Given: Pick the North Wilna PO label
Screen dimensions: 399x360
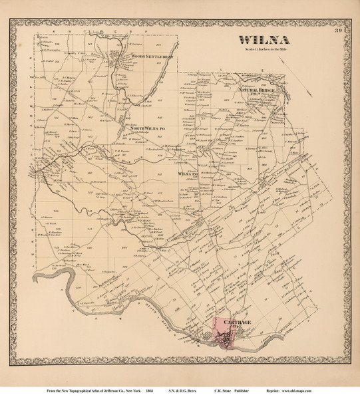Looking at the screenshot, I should click(x=146, y=126).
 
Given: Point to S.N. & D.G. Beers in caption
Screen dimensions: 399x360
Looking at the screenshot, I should click(x=194, y=390).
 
